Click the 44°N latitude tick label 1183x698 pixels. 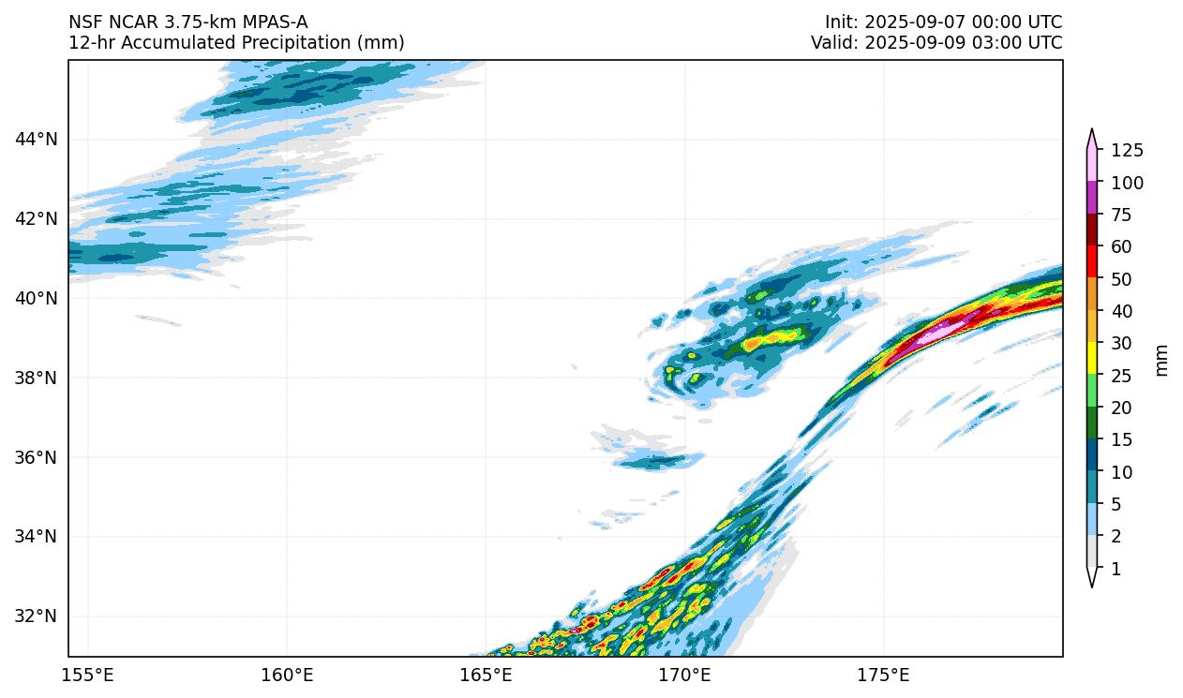tap(37, 140)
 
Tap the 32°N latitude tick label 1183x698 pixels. tap(37, 616)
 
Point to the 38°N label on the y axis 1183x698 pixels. tap(37, 378)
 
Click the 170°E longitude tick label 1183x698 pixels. tap(684, 676)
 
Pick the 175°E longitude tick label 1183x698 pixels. tap(883, 676)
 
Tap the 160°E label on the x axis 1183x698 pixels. tap(287, 676)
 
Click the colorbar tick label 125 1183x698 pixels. tap(1128, 151)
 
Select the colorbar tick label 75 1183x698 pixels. tap(1123, 215)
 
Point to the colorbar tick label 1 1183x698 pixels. tap(1116, 569)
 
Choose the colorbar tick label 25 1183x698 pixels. tap(1123, 376)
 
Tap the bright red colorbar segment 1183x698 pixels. tap(1092, 263)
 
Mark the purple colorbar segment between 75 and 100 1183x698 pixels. tap(1092, 199)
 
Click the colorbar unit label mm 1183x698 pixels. tap(1162, 360)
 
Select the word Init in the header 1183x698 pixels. tap(840, 22)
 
